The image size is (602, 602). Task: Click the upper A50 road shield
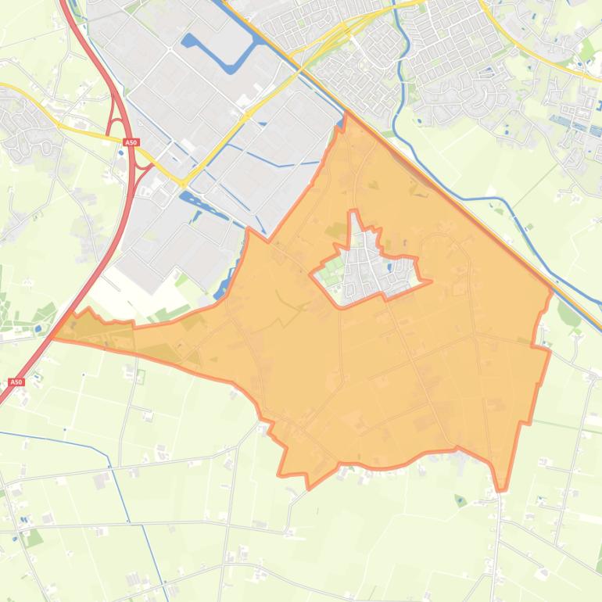131,142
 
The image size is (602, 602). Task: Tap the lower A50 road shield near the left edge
16,382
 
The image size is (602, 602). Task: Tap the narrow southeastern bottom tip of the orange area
501,489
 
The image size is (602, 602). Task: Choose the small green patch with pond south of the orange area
460,500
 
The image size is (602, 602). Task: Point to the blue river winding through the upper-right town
398,94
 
